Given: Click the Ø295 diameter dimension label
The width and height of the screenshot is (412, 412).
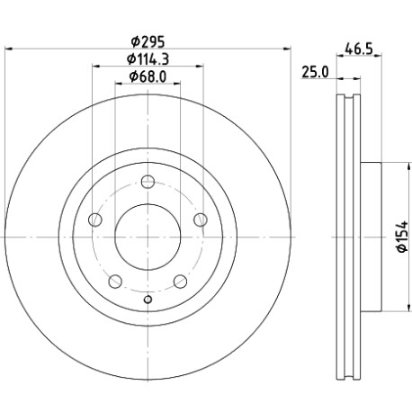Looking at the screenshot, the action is point(148,41).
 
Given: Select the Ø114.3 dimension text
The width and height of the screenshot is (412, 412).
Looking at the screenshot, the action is point(148,59).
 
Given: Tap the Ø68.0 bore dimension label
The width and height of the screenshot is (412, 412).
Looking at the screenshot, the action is point(148,76).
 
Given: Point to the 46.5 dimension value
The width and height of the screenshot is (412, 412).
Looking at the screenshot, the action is point(359,49).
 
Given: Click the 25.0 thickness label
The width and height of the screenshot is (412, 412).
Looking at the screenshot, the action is point(315,72).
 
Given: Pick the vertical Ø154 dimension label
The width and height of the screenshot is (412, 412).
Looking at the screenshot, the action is point(402,237).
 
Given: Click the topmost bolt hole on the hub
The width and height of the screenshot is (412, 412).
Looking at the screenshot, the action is point(148,182).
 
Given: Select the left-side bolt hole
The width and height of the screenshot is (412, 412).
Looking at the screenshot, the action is point(95,219).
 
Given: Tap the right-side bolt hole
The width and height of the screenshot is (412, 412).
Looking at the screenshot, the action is point(201,219).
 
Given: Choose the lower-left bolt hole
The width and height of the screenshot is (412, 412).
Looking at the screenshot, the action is point(115,282).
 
